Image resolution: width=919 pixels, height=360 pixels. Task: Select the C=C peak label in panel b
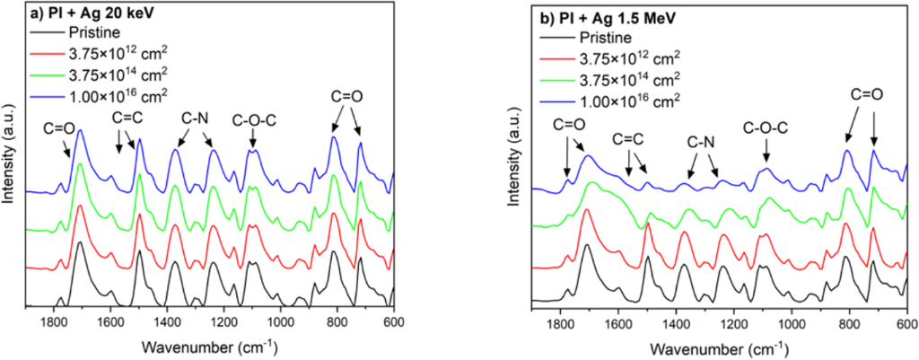[x=632, y=138]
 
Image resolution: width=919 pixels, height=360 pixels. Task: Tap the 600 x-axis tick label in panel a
[x=392, y=324]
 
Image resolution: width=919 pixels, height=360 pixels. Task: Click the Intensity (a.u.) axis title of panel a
[x=11, y=161]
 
